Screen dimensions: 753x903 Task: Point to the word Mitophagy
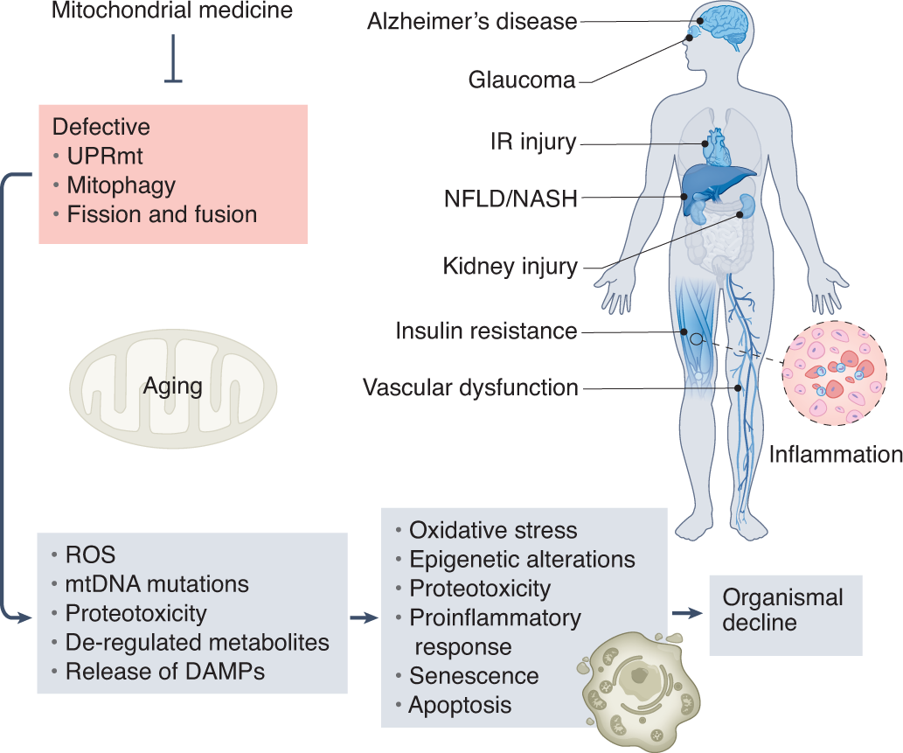(121, 185)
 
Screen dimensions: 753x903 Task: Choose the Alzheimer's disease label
(473, 22)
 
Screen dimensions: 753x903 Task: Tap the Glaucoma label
(522, 80)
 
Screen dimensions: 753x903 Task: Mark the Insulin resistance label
(486, 331)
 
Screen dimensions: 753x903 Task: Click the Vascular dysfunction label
(470, 387)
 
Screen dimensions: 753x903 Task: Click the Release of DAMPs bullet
(165, 672)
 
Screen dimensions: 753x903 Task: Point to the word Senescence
(474, 676)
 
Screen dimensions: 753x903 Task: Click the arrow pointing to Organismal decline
(690, 613)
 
